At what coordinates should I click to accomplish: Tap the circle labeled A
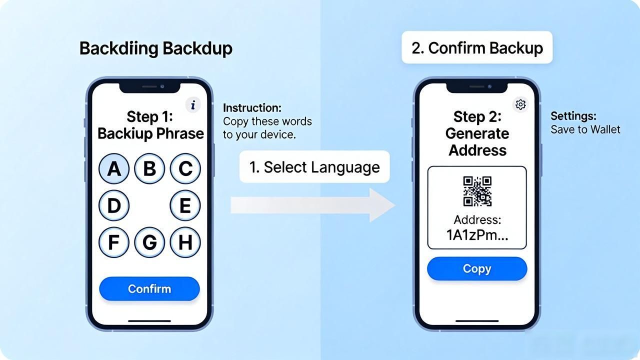click(x=114, y=168)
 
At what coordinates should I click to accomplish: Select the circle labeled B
click(x=149, y=168)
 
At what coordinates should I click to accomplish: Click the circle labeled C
click(x=185, y=168)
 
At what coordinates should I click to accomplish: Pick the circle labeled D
click(x=114, y=205)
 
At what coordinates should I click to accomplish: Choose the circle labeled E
click(x=185, y=205)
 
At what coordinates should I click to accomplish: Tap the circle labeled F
click(x=114, y=242)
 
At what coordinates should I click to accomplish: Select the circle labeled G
click(x=149, y=242)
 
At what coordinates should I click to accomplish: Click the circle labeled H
click(x=185, y=242)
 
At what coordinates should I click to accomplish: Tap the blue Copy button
click(x=477, y=268)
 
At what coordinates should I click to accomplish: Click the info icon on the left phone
click(x=193, y=105)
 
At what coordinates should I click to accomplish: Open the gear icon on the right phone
click(x=520, y=104)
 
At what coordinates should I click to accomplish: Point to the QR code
click(x=477, y=191)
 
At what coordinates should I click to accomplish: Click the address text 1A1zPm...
click(x=477, y=235)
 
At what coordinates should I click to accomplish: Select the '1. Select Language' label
click(x=314, y=167)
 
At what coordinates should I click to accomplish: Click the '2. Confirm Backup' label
click(x=477, y=47)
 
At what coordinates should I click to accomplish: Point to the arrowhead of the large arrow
click(x=395, y=205)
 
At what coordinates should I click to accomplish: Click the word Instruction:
click(x=252, y=108)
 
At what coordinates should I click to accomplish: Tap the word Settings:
click(x=573, y=116)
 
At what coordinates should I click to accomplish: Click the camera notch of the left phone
click(x=149, y=87)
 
